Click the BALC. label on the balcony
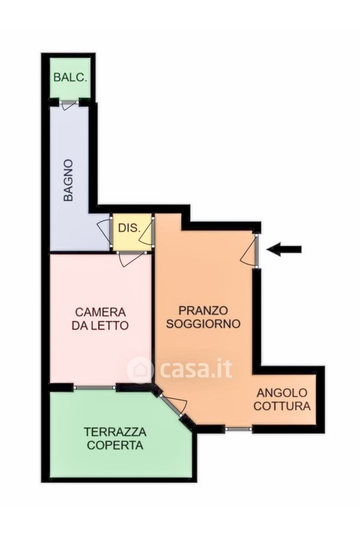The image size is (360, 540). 70,78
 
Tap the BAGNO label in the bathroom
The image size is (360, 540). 68,180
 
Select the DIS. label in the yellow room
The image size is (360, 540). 129,228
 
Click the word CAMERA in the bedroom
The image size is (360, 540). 100,312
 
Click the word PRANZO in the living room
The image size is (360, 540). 203,310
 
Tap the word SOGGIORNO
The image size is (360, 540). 203,324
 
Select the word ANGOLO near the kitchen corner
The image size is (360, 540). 282,393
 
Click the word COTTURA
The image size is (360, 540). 282,406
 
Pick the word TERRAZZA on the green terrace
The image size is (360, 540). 115,432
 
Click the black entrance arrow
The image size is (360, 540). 284,249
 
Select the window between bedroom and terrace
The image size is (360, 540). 95,387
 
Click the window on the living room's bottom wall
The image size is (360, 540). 238,429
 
